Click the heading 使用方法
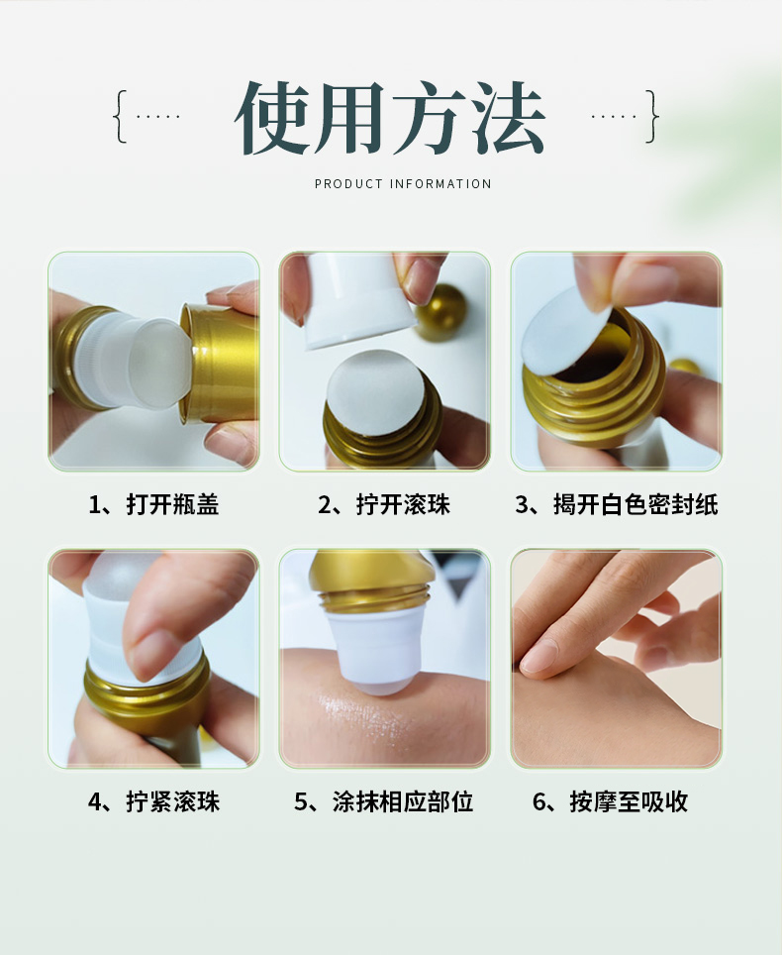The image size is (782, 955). click(x=389, y=118)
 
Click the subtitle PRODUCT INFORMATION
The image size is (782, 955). click(x=403, y=184)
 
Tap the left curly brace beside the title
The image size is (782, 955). click(x=121, y=116)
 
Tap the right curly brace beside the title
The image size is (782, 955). click(x=651, y=116)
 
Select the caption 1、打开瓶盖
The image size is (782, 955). click(x=153, y=504)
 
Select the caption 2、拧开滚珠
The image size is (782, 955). click(x=384, y=504)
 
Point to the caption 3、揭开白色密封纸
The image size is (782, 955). click(x=617, y=504)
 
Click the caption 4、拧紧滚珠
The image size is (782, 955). click(x=153, y=801)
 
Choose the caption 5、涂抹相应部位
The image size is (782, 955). click(x=384, y=801)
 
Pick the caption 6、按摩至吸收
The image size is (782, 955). click(x=611, y=801)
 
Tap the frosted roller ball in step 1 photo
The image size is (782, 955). click(x=160, y=363)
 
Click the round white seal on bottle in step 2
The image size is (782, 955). click(x=375, y=391)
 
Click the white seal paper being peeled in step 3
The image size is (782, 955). click(x=565, y=330)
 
